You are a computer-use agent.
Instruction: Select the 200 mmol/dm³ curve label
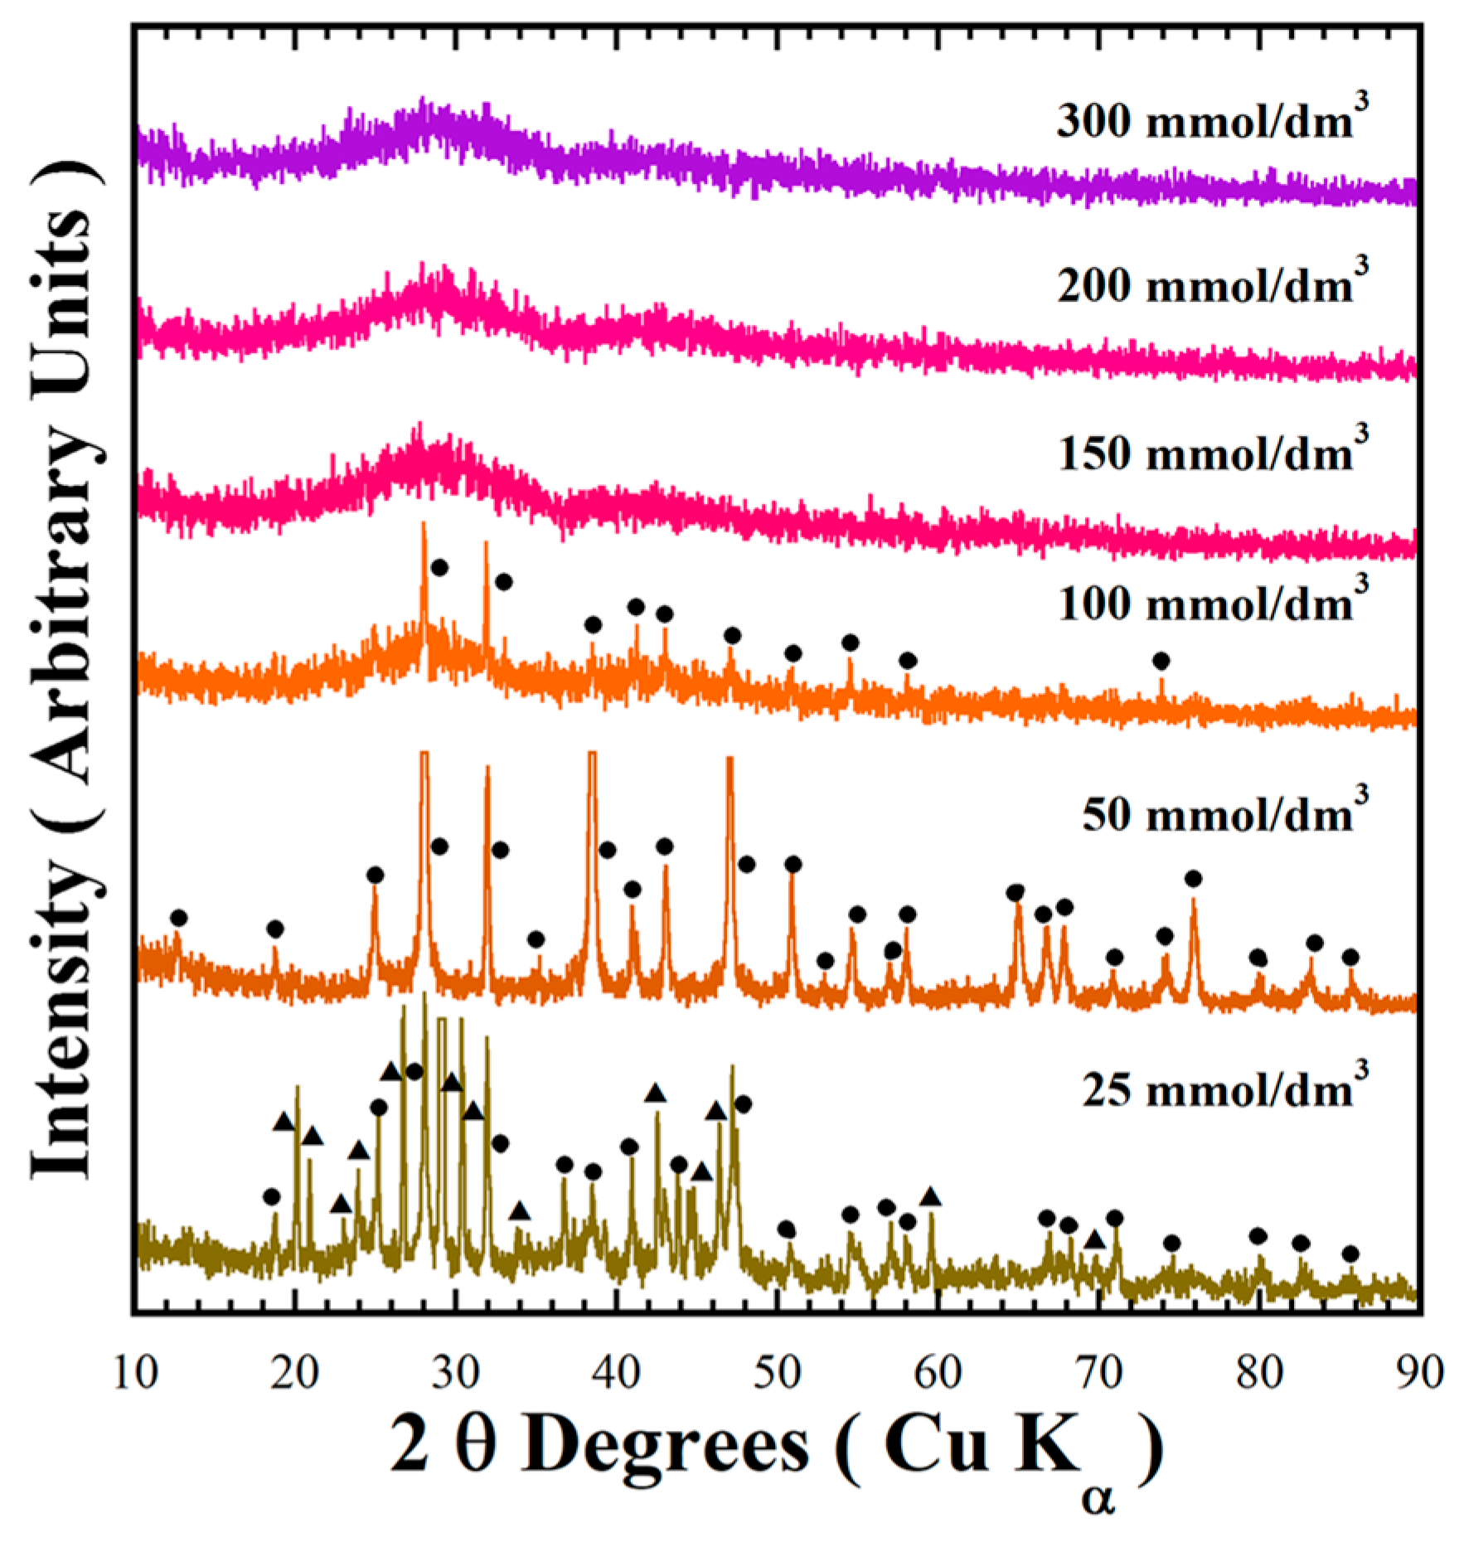point(1212,284)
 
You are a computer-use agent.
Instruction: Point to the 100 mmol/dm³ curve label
point(1212,603)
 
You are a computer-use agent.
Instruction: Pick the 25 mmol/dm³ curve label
point(1224,1089)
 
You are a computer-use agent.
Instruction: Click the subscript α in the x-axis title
point(1098,1498)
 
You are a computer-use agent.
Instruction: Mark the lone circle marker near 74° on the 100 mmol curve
point(1161,661)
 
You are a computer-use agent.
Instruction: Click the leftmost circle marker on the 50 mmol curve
point(179,918)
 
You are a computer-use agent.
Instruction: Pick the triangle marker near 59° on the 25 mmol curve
point(930,1197)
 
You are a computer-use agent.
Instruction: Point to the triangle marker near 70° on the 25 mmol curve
point(1094,1239)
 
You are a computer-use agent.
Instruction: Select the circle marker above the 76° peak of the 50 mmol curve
point(1193,878)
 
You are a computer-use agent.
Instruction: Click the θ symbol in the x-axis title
point(476,1445)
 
